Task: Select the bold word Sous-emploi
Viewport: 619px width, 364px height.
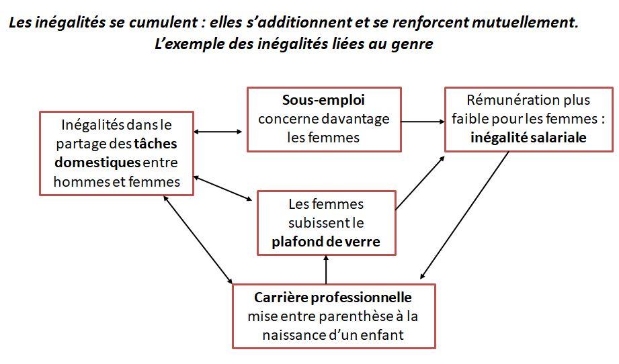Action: pyautogui.click(x=323, y=100)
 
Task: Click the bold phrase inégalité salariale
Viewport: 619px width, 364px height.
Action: pyautogui.click(x=528, y=138)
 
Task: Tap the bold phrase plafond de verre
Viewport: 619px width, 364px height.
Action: pyautogui.click(x=326, y=241)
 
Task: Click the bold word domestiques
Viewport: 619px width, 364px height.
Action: pyautogui.click(x=97, y=163)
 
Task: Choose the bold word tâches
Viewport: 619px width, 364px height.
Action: pyautogui.click(x=155, y=144)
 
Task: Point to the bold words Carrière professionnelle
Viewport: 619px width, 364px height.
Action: pyautogui.click(x=333, y=297)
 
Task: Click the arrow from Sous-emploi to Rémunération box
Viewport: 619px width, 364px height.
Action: pyautogui.click(x=423, y=122)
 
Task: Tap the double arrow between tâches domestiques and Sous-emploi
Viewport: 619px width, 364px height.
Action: pyautogui.click(x=218, y=132)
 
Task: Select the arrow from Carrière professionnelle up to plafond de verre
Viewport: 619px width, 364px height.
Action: pyautogui.click(x=326, y=269)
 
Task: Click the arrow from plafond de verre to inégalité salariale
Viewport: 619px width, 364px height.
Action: pyautogui.click(x=420, y=183)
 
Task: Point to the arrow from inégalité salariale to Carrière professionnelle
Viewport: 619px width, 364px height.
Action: pyautogui.click(x=464, y=215)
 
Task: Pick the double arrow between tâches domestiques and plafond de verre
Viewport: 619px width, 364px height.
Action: pyautogui.click(x=222, y=189)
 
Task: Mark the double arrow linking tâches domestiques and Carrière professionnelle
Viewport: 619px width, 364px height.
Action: pyautogui.click(x=198, y=239)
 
